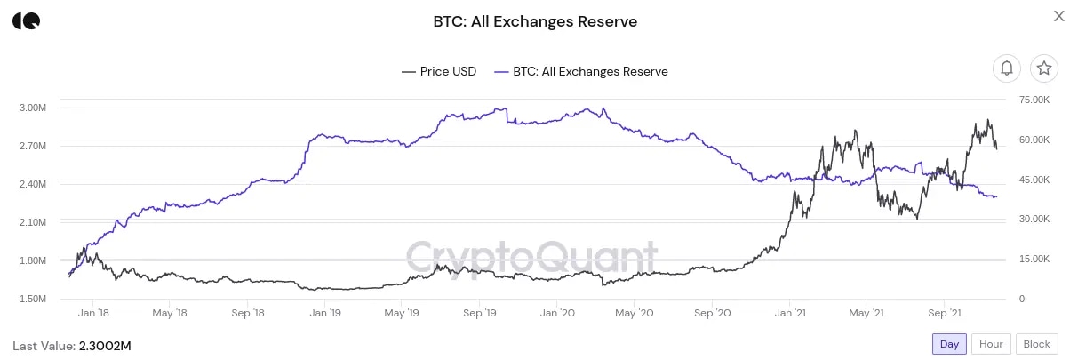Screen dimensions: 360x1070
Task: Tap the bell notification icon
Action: click(1007, 68)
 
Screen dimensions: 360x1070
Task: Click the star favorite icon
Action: click(1043, 68)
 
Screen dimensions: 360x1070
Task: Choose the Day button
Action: click(949, 344)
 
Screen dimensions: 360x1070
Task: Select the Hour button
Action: click(991, 344)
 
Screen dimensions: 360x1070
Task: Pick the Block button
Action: click(1036, 344)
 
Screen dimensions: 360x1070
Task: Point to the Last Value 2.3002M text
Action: click(72, 344)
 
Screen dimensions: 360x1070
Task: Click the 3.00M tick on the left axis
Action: click(32, 108)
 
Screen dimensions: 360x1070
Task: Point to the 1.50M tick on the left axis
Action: click(32, 299)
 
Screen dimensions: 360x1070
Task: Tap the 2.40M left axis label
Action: click(32, 184)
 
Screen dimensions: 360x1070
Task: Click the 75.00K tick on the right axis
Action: click(1035, 100)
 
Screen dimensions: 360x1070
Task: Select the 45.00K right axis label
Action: click(1035, 180)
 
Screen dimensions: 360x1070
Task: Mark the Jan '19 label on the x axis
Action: click(324, 313)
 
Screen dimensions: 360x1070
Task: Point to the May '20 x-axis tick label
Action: click(635, 313)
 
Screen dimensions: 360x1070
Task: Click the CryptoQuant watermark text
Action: click(531, 258)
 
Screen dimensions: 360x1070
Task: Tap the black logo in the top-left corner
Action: click(26, 21)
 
